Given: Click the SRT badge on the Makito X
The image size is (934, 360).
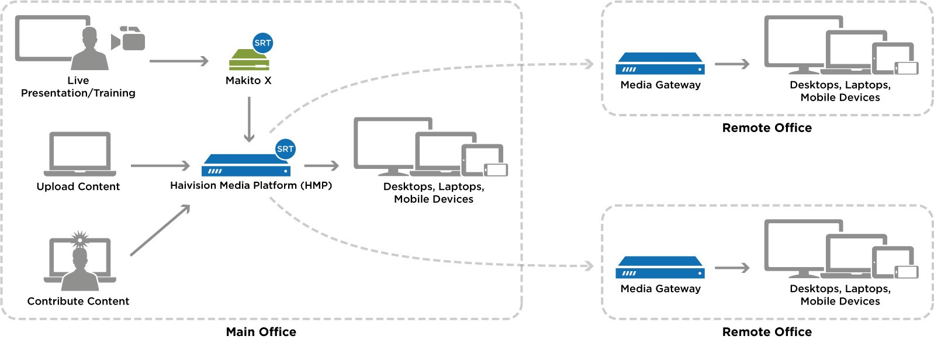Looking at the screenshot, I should point(262,43).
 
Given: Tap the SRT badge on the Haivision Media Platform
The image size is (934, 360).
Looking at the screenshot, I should point(285,149).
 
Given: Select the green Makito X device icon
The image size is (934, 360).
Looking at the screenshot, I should point(248,60).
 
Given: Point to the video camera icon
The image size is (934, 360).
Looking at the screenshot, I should point(129,39).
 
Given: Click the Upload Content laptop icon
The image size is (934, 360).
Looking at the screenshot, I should point(79,154).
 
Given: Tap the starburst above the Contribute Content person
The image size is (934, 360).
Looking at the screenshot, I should point(79,238).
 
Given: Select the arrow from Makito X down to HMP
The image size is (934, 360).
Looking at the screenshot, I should point(249,120).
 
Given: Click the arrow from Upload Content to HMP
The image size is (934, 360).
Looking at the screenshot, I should point(160,166).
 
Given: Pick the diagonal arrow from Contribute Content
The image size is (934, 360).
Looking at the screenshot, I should point(160,230).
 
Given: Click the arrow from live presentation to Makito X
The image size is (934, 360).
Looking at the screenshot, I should point(179,61).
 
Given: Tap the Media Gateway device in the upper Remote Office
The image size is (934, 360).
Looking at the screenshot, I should point(660,64).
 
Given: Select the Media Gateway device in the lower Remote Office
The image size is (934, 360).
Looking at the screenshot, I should point(660,268).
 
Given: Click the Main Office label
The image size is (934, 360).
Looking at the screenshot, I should point(261,332).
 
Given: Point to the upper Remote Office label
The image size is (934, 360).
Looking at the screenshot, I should point(766,128).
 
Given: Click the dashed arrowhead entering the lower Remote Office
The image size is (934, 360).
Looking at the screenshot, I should point(589,266).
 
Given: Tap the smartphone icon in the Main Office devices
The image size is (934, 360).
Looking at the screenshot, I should point(496,169).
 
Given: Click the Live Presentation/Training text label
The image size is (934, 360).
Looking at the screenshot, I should point(78,86).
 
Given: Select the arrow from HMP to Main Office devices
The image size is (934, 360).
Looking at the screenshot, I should point(321,166).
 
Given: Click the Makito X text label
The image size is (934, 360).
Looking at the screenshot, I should point(248,81).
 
